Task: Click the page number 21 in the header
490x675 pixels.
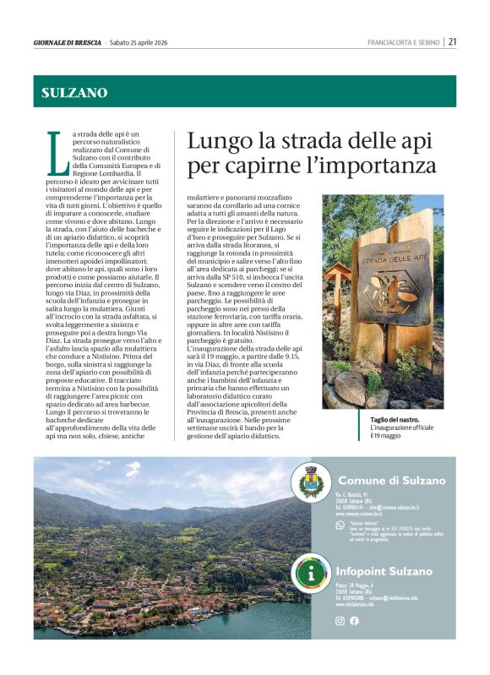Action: pos(453,41)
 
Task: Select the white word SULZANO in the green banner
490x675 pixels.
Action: pos(75,93)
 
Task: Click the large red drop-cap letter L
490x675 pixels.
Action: pos(56,154)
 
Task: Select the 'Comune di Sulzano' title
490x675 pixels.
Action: pos(391,481)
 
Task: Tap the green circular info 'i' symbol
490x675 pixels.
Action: pos(313,574)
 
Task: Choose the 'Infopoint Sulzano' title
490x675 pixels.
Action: pos(384,571)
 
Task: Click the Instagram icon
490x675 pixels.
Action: pos(340,621)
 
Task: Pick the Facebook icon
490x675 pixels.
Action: pos(354,621)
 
